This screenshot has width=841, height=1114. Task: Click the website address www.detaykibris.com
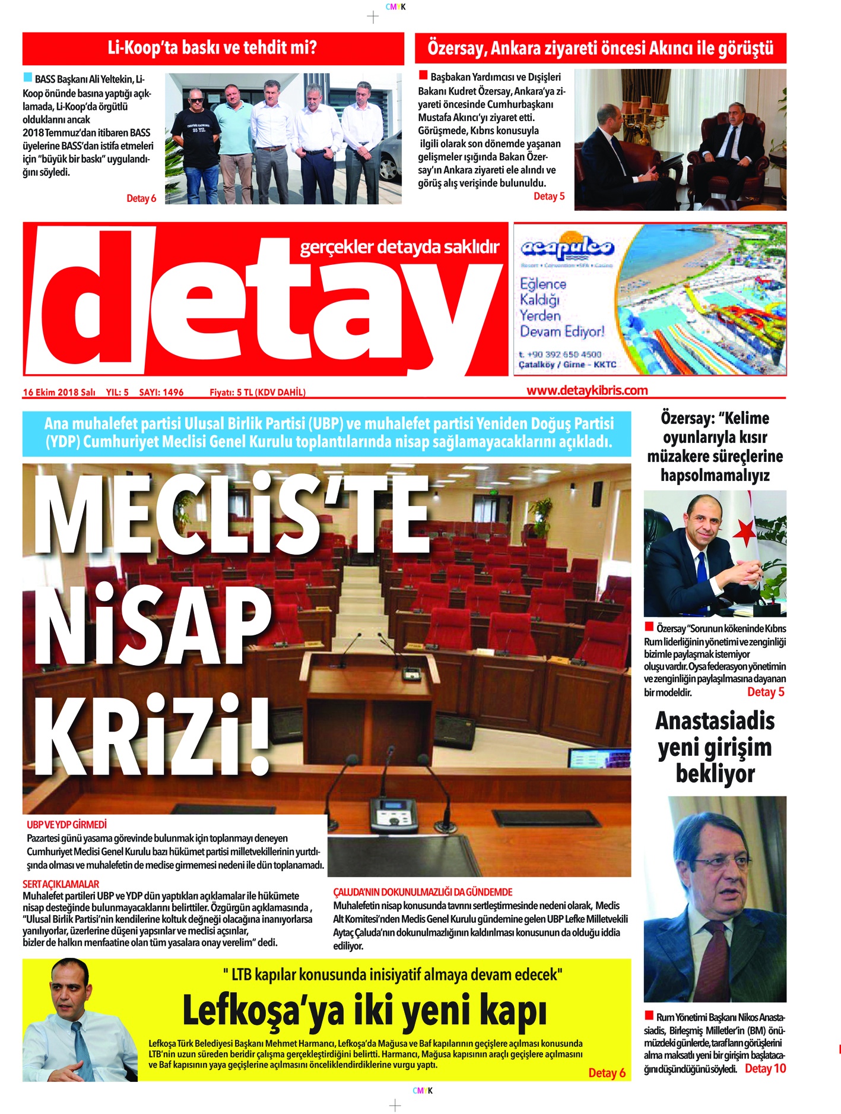point(587,391)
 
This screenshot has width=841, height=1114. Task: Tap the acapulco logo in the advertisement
point(567,247)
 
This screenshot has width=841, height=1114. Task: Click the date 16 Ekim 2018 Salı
point(59,393)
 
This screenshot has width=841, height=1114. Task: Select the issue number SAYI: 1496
point(161,393)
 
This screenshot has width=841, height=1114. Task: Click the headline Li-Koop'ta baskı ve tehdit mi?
point(212,48)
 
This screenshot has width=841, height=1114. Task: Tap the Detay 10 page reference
point(765,1068)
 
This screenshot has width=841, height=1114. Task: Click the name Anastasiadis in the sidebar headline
point(715,721)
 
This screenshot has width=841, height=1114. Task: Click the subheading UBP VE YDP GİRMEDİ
point(66,825)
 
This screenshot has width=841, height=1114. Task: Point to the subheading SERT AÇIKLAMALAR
point(61,884)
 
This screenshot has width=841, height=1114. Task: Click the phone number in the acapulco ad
point(560,355)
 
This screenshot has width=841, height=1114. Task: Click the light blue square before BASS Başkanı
point(27,78)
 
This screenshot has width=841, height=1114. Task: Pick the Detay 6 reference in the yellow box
point(607,1072)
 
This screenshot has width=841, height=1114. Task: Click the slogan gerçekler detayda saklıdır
point(399,246)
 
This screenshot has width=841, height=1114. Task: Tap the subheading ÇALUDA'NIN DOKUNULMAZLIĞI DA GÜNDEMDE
point(423,892)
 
